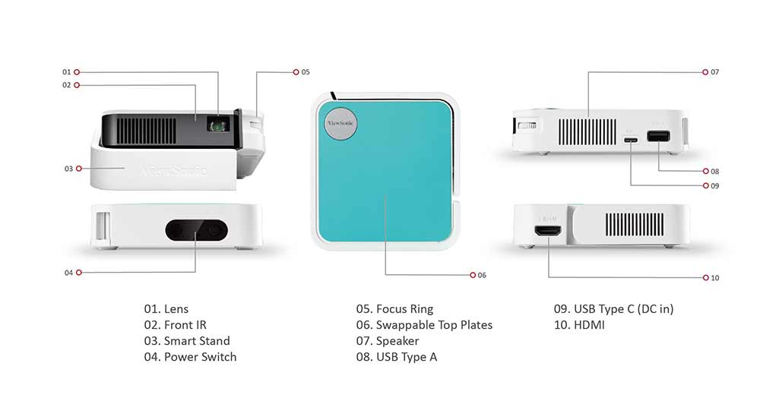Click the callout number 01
[66, 72]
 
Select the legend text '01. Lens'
[166, 309]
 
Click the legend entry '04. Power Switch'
[190, 357]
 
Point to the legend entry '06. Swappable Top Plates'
[424, 325]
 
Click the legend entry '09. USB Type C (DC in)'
[613, 309]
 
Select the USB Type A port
[657, 137]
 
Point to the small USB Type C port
[630, 139]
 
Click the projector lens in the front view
[220, 122]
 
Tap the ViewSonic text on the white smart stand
[175, 169]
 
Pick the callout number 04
[68, 272]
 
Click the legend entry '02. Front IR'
[175, 325]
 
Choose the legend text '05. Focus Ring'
[394, 309]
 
